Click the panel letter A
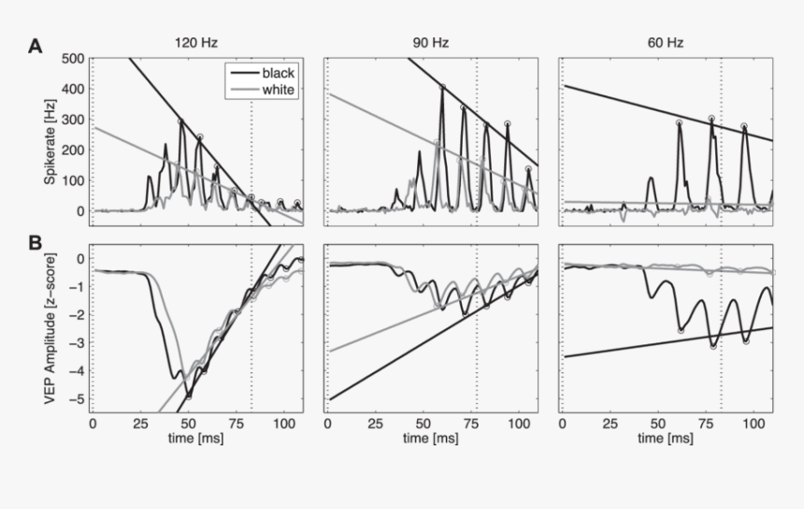click(x=35, y=45)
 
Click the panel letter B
click(x=35, y=243)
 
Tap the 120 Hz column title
click(x=196, y=42)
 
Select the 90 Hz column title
click(x=431, y=42)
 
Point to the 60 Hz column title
click(x=666, y=42)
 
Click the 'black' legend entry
click(x=278, y=73)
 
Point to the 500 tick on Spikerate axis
click(x=72, y=59)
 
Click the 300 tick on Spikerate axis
click(x=72, y=120)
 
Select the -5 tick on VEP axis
click(x=78, y=399)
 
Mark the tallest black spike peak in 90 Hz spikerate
click(x=442, y=88)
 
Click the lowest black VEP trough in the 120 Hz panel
click(x=188, y=397)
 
